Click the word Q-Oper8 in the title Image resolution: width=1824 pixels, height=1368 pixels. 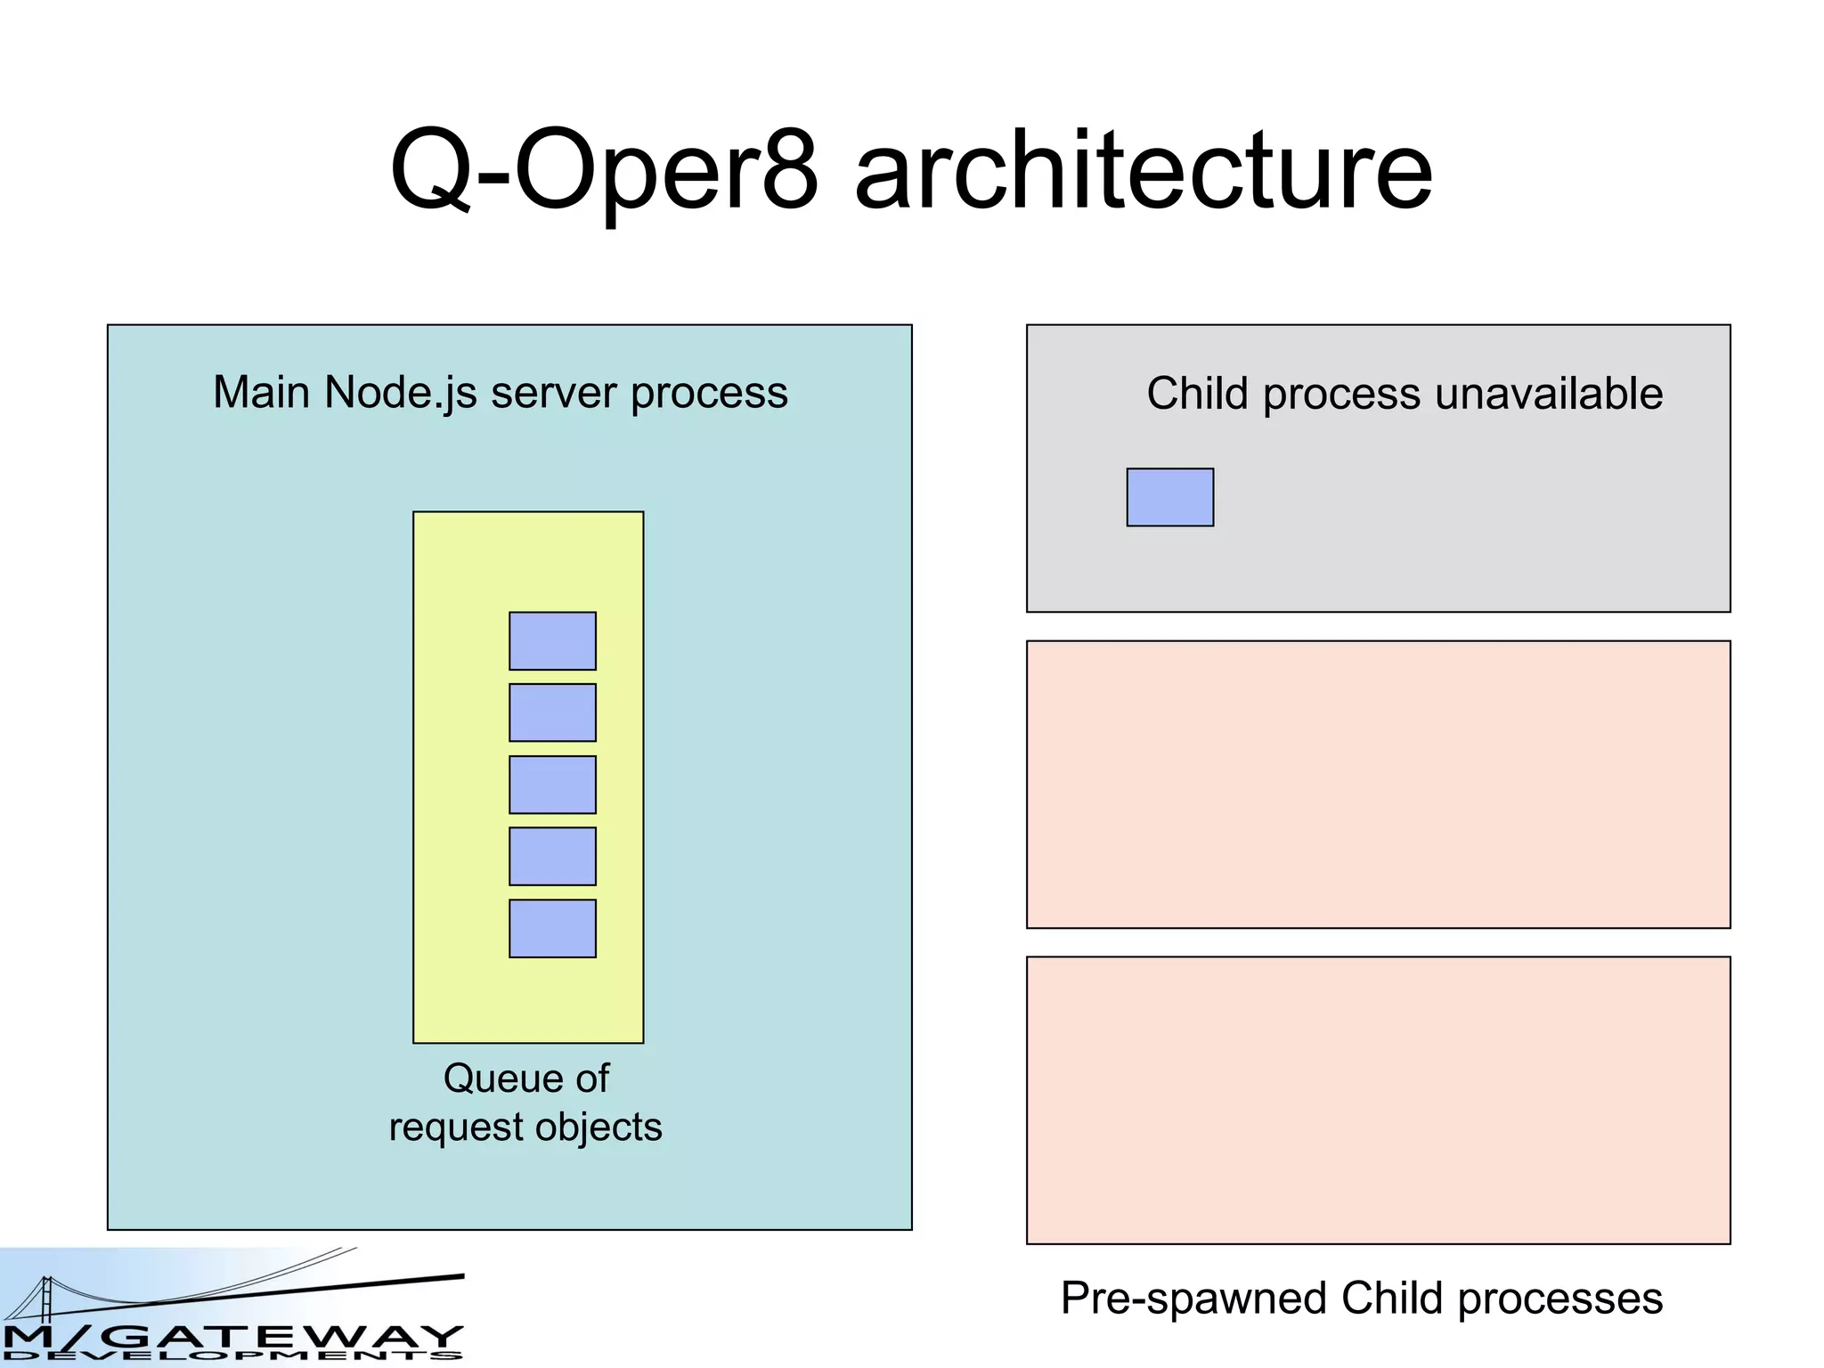point(604,171)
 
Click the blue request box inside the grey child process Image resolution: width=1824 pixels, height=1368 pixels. point(1169,498)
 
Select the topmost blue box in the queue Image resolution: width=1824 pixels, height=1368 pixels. point(552,641)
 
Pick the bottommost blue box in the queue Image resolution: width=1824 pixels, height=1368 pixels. point(552,929)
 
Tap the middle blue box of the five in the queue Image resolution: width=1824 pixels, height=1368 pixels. point(552,785)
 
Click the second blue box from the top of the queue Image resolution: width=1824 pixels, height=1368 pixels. point(552,712)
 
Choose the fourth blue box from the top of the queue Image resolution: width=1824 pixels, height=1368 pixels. point(552,857)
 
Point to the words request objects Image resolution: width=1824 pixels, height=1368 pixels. point(525,1128)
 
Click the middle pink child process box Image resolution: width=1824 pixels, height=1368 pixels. point(1378,785)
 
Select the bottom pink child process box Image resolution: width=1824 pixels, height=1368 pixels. point(1378,1101)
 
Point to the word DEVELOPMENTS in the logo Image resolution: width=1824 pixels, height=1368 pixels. point(232,1356)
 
